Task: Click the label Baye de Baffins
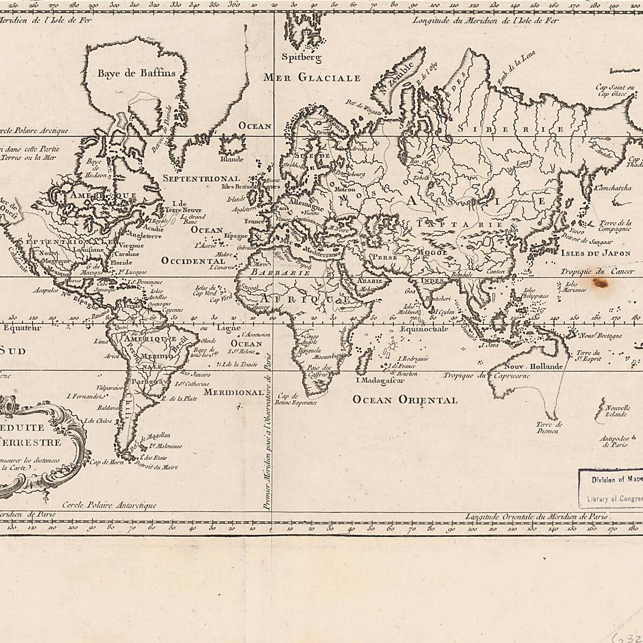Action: pos(136,73)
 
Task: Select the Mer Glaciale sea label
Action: pos(312,78)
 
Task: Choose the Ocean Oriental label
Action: pos(405,400)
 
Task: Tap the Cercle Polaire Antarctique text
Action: pos(109,505)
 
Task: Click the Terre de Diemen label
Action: pos(548,428)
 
